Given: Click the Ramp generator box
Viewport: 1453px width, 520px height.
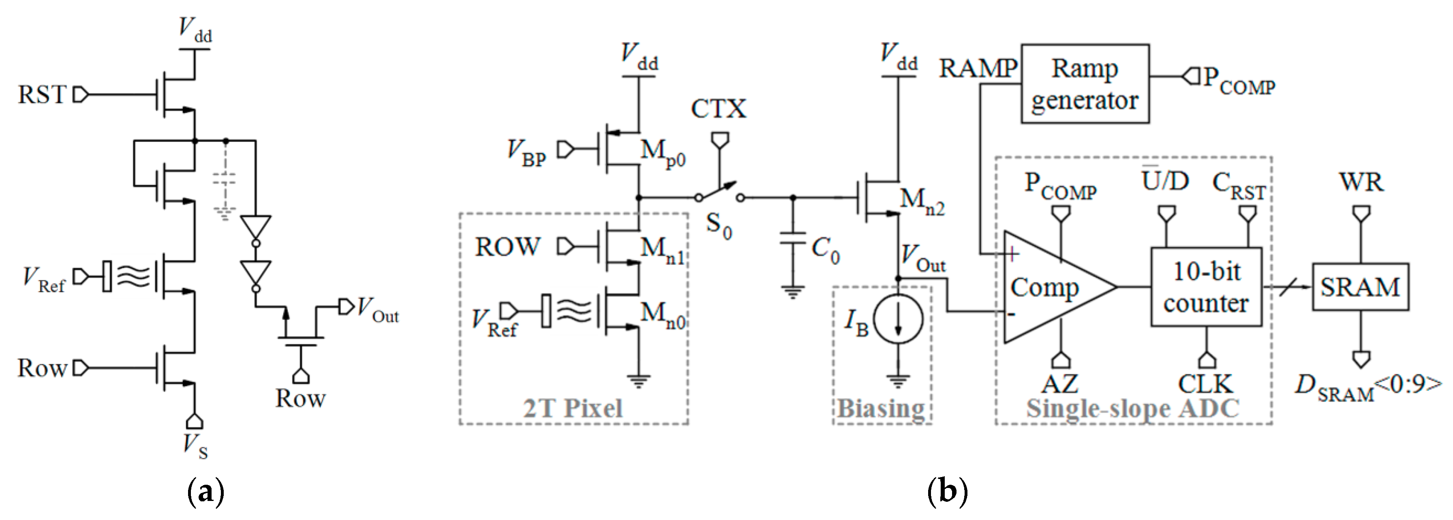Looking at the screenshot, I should (x=1084, y=83).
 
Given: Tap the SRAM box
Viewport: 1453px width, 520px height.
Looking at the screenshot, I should (x=1360, y=287).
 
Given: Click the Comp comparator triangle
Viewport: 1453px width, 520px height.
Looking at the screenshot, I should (x=1049, y=287).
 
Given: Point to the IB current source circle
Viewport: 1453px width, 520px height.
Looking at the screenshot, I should (x=898, y=319).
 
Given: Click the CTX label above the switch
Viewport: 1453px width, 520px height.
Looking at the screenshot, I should (x=718, y=108).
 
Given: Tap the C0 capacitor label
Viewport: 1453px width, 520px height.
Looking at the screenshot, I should (x=825, y=249).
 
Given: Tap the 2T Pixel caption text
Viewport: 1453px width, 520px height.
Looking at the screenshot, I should (x=573, y=408).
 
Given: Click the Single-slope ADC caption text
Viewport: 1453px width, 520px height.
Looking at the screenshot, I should (x=1133, y=408).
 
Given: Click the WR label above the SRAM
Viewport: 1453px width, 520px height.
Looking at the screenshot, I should (x=1361, y=182).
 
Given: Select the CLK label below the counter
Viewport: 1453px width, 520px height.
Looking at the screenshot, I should (x=1205, y=384).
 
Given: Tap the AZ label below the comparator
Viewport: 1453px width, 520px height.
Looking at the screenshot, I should (x=1060, y=384).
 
